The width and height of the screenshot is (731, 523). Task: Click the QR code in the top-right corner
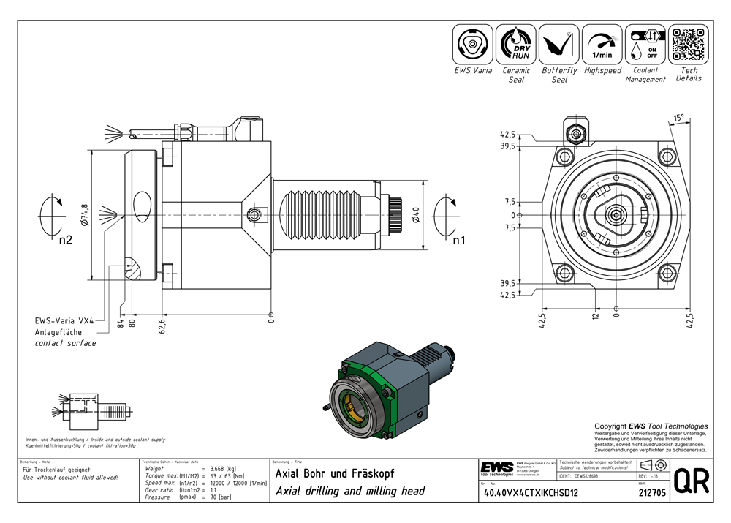point(688,44)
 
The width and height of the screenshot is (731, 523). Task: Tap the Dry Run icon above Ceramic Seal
point(515,44)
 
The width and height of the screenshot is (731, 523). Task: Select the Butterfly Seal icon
point(559,44)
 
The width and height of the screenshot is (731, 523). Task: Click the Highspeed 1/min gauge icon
point(602,44)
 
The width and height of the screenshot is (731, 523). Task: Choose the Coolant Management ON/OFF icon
point(645,44)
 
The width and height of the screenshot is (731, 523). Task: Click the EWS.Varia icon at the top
point(472,44)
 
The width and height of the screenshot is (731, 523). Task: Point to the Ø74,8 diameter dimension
point(85,215)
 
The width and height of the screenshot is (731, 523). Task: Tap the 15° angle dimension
point(679,117)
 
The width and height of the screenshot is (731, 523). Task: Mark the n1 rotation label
point(458,239)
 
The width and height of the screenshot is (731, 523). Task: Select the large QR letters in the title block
point(690,483)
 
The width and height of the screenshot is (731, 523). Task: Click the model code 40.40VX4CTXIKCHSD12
point(530,492)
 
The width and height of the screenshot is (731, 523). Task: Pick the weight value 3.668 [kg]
point(221,469)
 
